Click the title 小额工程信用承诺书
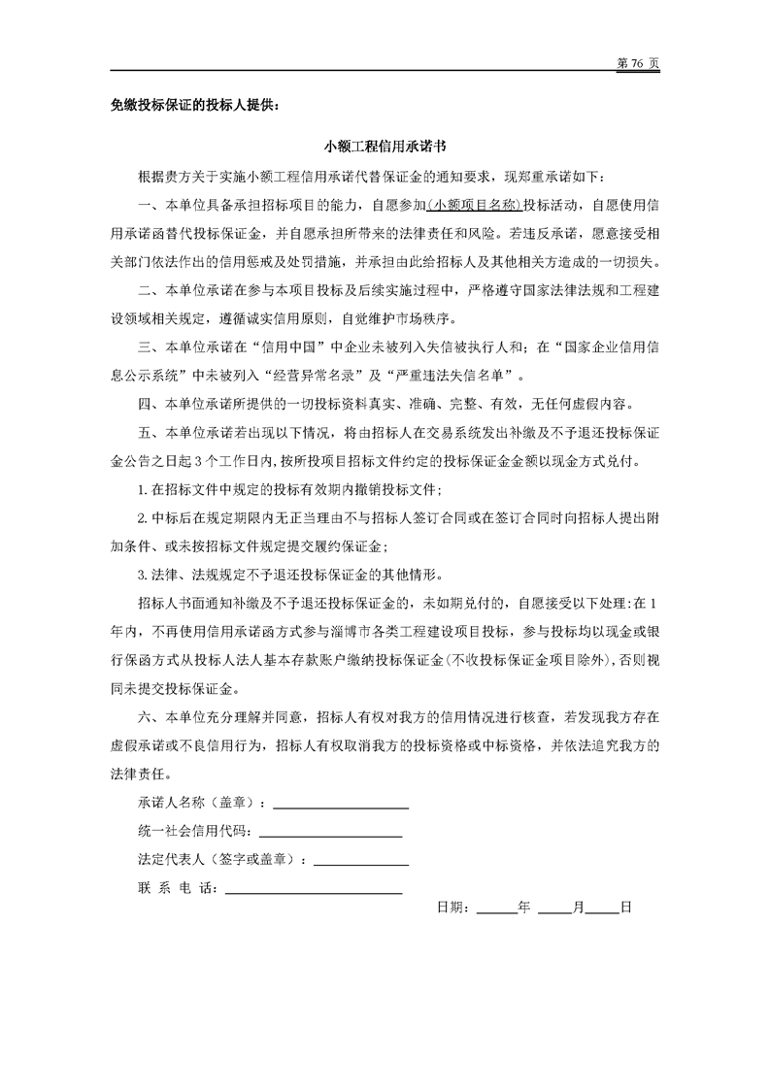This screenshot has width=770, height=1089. point(385,148)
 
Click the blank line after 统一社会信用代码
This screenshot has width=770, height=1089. point(330,832)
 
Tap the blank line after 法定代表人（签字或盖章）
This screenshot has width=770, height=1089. point(360,860)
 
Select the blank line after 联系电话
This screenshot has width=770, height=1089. point(313,888)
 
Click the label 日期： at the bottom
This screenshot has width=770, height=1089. point(454,908)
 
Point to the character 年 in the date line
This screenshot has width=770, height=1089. point(524,908)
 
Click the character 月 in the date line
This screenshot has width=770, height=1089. point(579,908)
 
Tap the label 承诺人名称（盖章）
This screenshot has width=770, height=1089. point(202,804)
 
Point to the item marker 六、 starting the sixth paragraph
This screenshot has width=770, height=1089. point(151,719)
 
